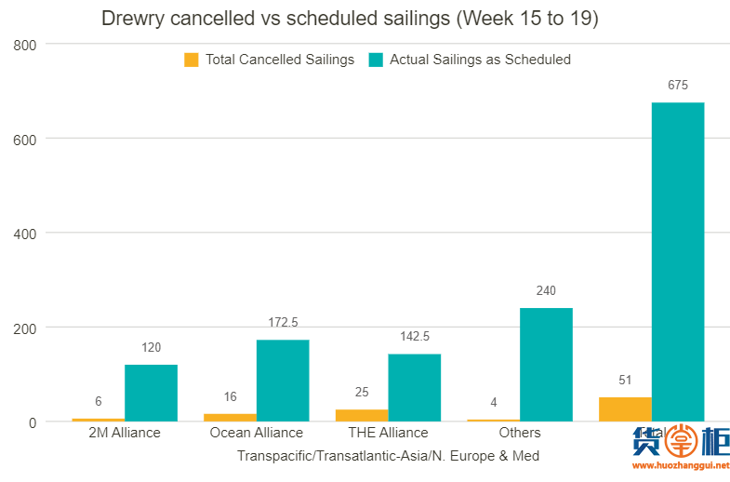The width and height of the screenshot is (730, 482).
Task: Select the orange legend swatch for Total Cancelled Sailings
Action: click(192, 60)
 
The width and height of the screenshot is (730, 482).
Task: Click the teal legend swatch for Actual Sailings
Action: click(376, 60)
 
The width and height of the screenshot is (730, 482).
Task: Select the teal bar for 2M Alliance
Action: click(151, 393)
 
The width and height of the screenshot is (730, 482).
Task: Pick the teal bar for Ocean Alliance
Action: click(283, 381)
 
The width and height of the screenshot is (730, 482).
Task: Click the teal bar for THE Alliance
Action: click(414, 388)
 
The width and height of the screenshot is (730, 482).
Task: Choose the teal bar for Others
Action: click(546, 365)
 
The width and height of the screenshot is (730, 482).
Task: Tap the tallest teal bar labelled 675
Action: click(677, 261)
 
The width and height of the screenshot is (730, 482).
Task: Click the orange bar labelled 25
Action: click(362, 415)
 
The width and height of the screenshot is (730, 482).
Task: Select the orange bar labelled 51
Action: click(625, 409)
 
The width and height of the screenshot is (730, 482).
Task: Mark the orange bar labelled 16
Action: click(230, 417)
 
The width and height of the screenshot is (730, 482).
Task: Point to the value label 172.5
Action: click(283, 322)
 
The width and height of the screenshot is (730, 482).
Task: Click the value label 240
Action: click(546, 291)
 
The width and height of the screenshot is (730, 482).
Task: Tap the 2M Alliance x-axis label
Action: click(125, 433)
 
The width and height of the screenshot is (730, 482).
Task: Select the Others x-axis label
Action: click(520, 433)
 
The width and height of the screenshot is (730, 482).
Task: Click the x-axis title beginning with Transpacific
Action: click(388, 456)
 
